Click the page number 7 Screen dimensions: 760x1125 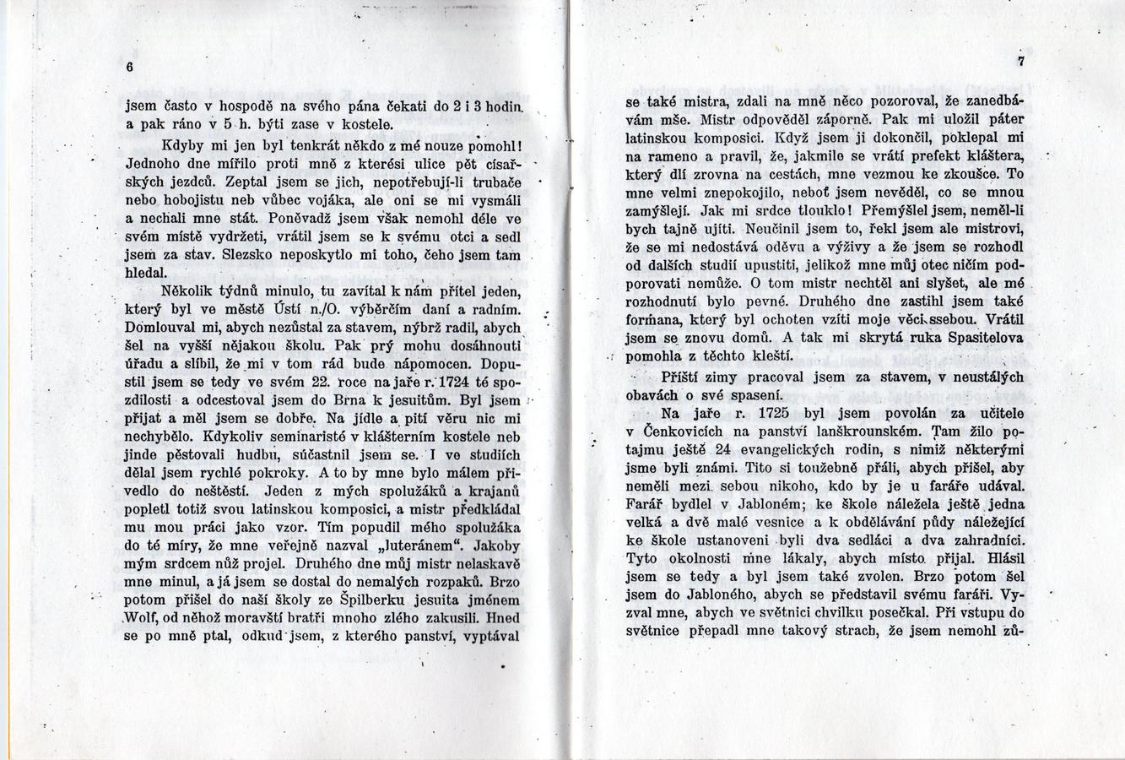1020,61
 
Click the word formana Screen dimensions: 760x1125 651,320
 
